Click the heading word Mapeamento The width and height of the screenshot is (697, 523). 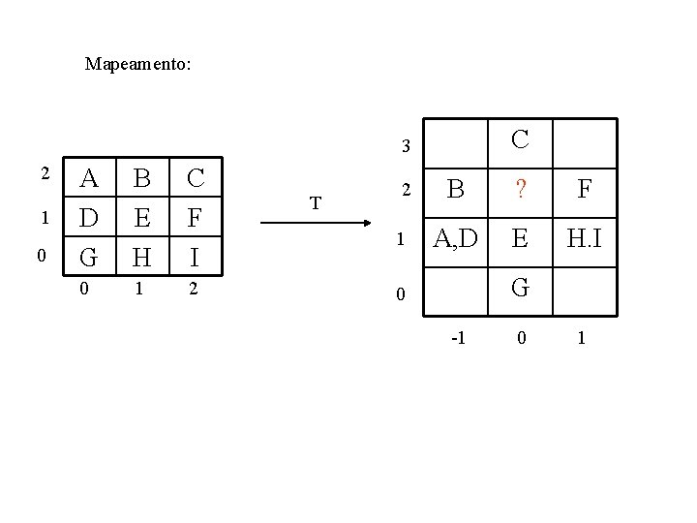pos(137,65)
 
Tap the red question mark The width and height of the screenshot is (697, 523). pos(520,191)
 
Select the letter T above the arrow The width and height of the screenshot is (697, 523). pos(315,203)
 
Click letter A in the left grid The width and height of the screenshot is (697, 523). pos(89,178)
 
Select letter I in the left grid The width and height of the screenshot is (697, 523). pos(195,258)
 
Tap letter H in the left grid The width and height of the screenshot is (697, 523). pos(141,258)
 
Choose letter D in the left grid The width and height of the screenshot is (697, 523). pos(89,218)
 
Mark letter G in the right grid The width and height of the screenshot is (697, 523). pos(520,289)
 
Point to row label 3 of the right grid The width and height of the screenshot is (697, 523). pos(407,147)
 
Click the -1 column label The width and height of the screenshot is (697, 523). pos(458,338)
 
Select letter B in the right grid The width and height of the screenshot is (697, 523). pos(455,191)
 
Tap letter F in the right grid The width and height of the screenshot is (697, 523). pos(584,191)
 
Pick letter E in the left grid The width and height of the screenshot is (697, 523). pos(141,218)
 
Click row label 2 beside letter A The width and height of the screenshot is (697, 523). pos(44,173)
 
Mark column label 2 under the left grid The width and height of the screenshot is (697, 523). pos(195,288)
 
